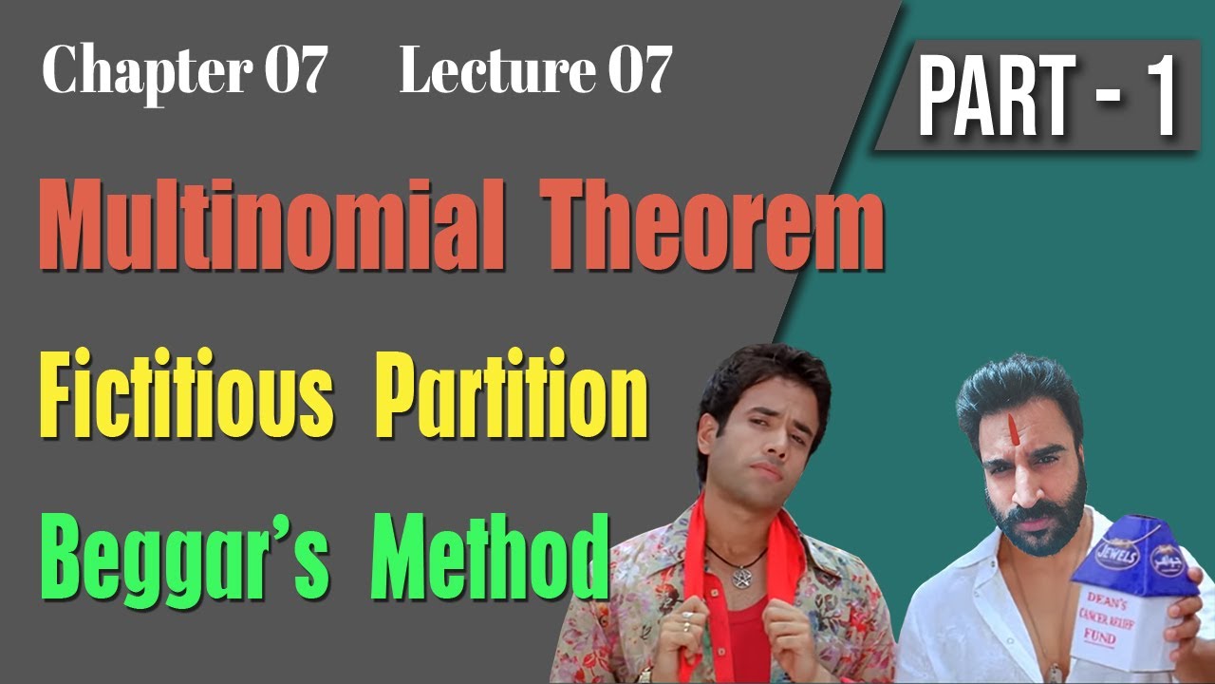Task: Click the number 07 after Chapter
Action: (295, 71)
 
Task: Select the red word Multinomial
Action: (271, 229)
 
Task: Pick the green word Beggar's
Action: (186, 556)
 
